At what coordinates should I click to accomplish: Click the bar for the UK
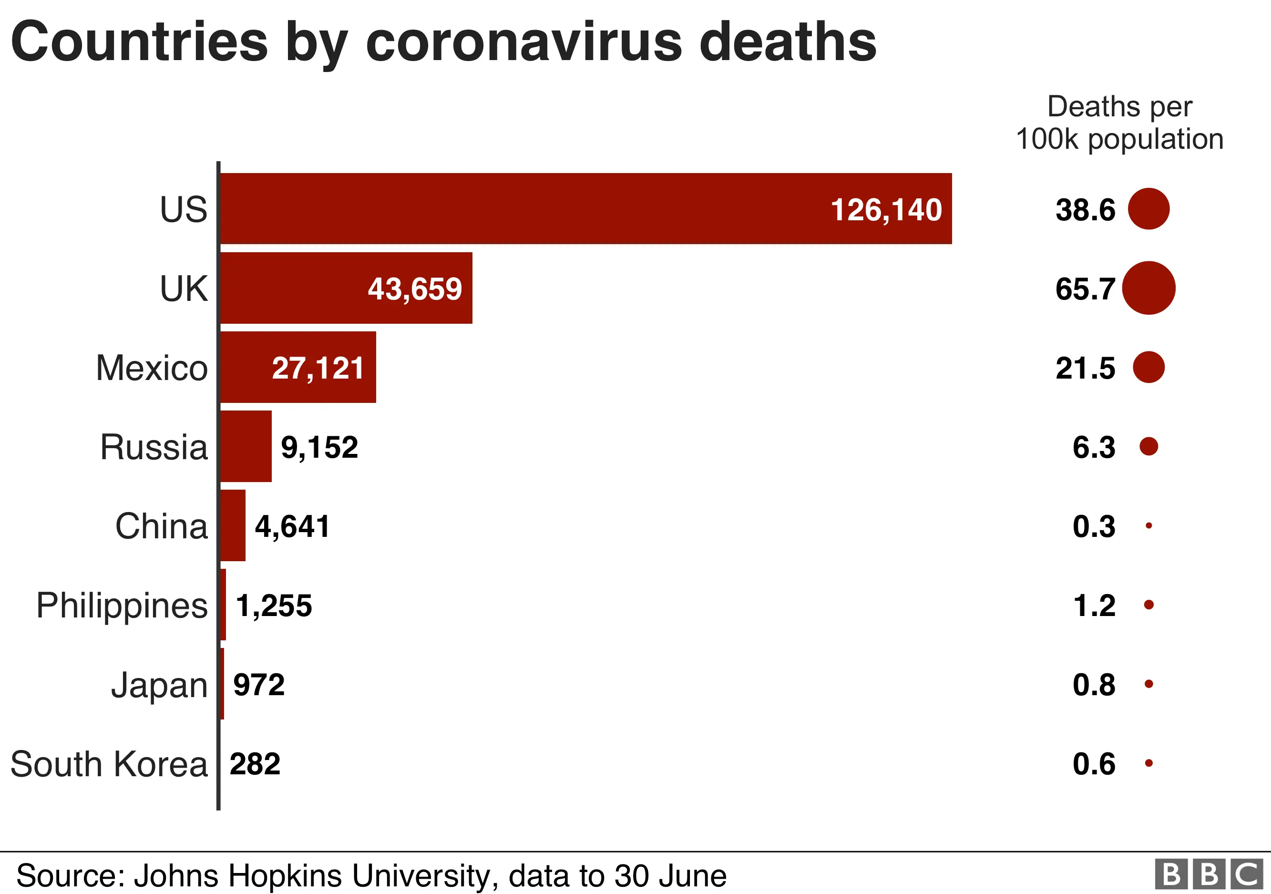(346, 288)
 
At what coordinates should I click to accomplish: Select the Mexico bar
(298, 367)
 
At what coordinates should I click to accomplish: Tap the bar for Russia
(246, 446)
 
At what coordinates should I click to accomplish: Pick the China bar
(233, 525)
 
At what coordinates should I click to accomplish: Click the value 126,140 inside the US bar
(886, 210)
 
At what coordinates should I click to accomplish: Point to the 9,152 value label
(319, 447)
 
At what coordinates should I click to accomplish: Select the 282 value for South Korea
(255, 764)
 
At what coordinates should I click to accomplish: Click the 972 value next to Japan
(258, 685)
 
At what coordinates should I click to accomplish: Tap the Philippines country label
(122, 606)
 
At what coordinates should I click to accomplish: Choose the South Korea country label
(109, 764)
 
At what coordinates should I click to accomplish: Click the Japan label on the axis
(159, 685)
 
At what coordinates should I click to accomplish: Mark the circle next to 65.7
(1148, 288)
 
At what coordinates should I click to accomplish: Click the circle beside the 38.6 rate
(1148, 209)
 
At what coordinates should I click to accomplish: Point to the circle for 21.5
(1148, 367)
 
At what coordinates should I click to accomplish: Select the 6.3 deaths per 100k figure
(1093, 447)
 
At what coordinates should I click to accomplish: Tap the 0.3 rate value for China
(1093, 526)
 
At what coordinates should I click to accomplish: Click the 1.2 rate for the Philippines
(1093, 606)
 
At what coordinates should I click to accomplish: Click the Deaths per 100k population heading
(1119, 123)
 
